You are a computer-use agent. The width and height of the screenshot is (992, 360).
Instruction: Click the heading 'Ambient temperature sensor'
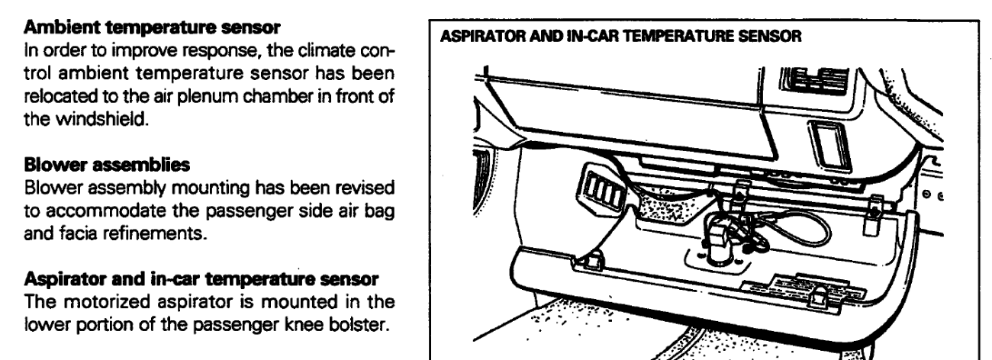pos(152,27)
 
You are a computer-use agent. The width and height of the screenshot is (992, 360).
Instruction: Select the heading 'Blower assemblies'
pos(107,165)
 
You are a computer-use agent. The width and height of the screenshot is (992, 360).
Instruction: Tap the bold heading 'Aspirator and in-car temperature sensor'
pos(201,279)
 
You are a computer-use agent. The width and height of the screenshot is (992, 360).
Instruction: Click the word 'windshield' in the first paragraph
pos(101,119)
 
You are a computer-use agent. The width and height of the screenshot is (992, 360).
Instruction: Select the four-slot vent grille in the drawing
pos(601,189)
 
